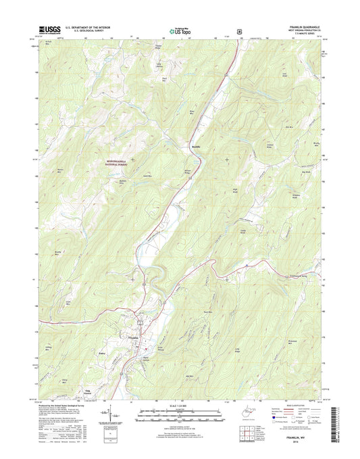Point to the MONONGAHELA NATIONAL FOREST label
tap(120, 164)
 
